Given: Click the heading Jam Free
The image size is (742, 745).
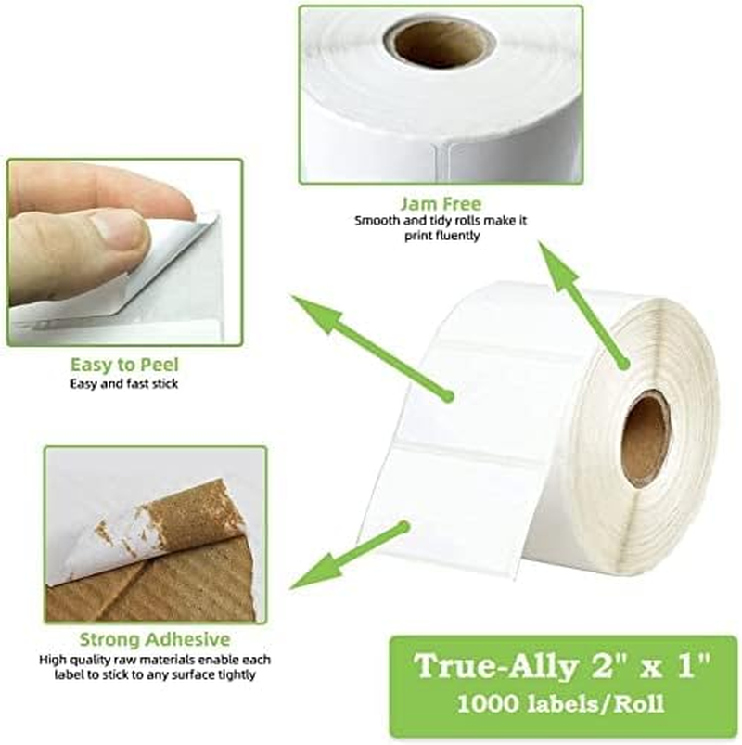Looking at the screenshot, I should (x=440, y=202).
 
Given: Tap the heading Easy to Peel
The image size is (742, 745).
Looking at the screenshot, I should (x=124, y=365).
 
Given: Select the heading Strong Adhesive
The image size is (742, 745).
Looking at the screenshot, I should (x=154, y=639).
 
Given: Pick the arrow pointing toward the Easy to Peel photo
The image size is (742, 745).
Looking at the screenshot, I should (x=371, y=348).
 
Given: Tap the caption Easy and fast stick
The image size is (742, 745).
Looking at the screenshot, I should (x=124, y=383).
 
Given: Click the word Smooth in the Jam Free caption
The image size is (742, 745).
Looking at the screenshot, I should (x=376, y=221).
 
